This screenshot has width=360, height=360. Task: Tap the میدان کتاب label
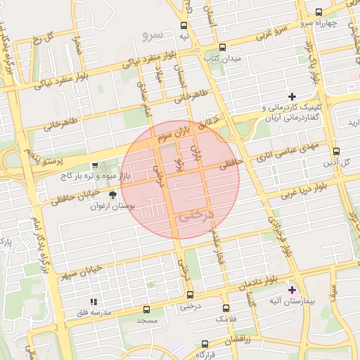[x=225, y=58]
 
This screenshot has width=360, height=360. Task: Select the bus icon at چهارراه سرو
[x=318, y=12]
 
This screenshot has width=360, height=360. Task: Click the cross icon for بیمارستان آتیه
[x=292, y=289]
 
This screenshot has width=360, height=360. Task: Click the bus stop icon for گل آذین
[x=336, y=151]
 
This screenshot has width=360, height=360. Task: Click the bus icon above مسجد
[x=147, y=309]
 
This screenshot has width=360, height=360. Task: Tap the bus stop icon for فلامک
[x=225, y=308]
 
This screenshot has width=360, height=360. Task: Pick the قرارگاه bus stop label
[x=205, y=356]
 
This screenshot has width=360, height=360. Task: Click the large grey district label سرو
[x=153, y=34]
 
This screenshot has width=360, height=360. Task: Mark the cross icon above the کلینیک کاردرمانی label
[x=292, y=96]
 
